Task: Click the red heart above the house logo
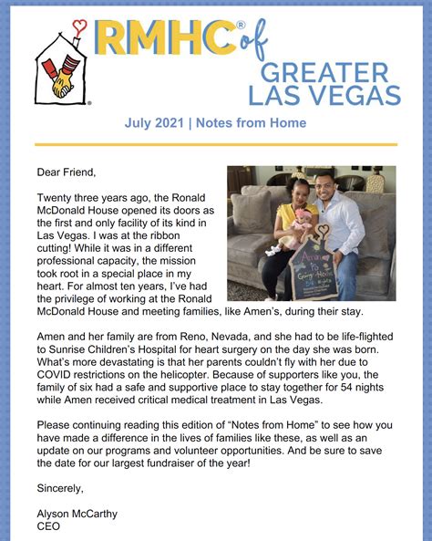coord(81,26)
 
